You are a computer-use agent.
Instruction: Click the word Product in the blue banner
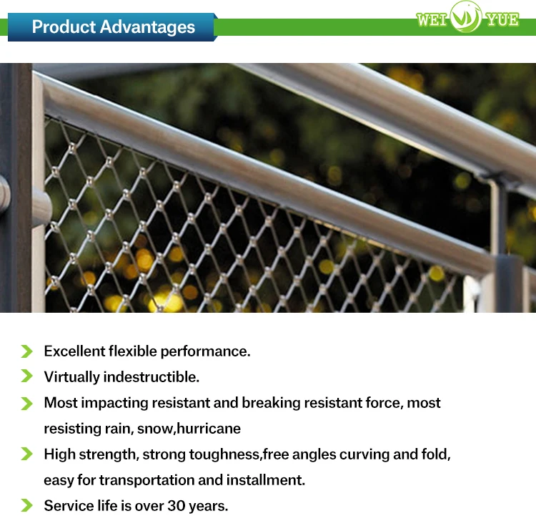coord(64,26)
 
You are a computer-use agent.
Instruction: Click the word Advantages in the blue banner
coord(147,27)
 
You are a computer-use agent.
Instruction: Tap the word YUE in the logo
coord(502,19)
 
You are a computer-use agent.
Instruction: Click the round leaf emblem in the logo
coord(466,16)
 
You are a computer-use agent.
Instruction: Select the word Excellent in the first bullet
coord(74,351)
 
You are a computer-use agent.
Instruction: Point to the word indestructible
coord(151,377)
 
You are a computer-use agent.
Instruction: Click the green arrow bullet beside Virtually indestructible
coord(26,376)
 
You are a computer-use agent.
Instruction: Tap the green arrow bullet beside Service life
coord(26,505)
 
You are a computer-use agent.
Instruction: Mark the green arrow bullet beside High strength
coord(26,454)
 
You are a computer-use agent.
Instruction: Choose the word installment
coord(266,480)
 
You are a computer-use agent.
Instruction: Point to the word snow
coord(156,429)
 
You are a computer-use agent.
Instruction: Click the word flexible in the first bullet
coord(133,351)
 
